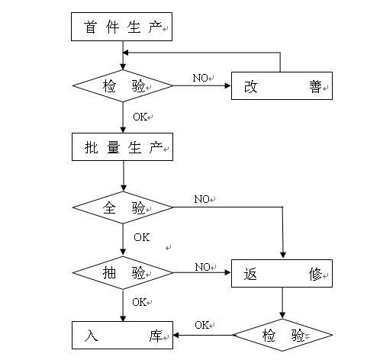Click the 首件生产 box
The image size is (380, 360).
click(x=121, y=27)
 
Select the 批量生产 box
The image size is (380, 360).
click(x=122, y=146)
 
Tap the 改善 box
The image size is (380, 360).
click(x=282, y=85)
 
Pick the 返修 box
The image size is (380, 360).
click(x=282, y=274)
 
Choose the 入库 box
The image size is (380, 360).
click(x=122, y=335)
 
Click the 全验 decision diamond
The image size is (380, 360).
click(x=123, y=207)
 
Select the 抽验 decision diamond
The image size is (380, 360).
click(x=123, y=273)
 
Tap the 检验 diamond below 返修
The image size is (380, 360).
click(x=282, y=335)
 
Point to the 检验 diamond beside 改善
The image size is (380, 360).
click(x=123, y=85)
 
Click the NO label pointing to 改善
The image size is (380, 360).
click(x=201, y=78)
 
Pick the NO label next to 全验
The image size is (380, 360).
click(x=201, y=199)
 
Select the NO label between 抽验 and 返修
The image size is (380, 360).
click(x=202, y=267)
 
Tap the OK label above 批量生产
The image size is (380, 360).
click(x=140, y=117)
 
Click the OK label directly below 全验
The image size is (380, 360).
click(x=141, y=237)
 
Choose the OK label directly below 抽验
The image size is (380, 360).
click(x=140, y=302)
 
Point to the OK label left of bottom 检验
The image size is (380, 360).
click(x=202, y=325)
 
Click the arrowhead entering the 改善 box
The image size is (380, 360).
click(x=228, y=85)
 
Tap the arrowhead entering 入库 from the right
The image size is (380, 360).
click(x=176, y=335)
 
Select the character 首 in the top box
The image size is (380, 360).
click(x=90, y=27)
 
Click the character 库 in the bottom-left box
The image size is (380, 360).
click(x=156, y=336)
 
